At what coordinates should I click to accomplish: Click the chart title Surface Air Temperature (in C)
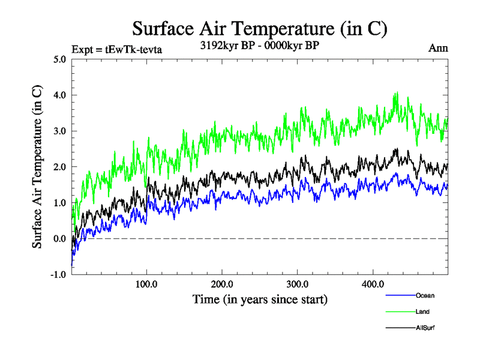point(259,28)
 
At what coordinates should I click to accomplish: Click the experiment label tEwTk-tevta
point(116,49)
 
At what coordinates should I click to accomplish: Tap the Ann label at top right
point(438,48)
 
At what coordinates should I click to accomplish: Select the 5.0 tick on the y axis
point(59,59)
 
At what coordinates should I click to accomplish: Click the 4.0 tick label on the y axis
point(59,95)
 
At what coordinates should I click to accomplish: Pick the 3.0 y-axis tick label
point(59,131)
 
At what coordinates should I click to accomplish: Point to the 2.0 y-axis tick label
point(59,167)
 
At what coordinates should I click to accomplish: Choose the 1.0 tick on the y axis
point(59,203)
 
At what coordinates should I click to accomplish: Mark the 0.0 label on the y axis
point(59,239)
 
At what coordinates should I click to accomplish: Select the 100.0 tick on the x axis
point(146,284)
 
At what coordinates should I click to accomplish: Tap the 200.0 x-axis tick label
point(222,284)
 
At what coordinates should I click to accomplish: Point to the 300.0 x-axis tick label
point(298,284)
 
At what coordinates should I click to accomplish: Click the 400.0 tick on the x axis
point(373,284)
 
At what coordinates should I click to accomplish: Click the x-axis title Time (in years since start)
point(259,299)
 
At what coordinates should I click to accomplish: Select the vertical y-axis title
point(37,167)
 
